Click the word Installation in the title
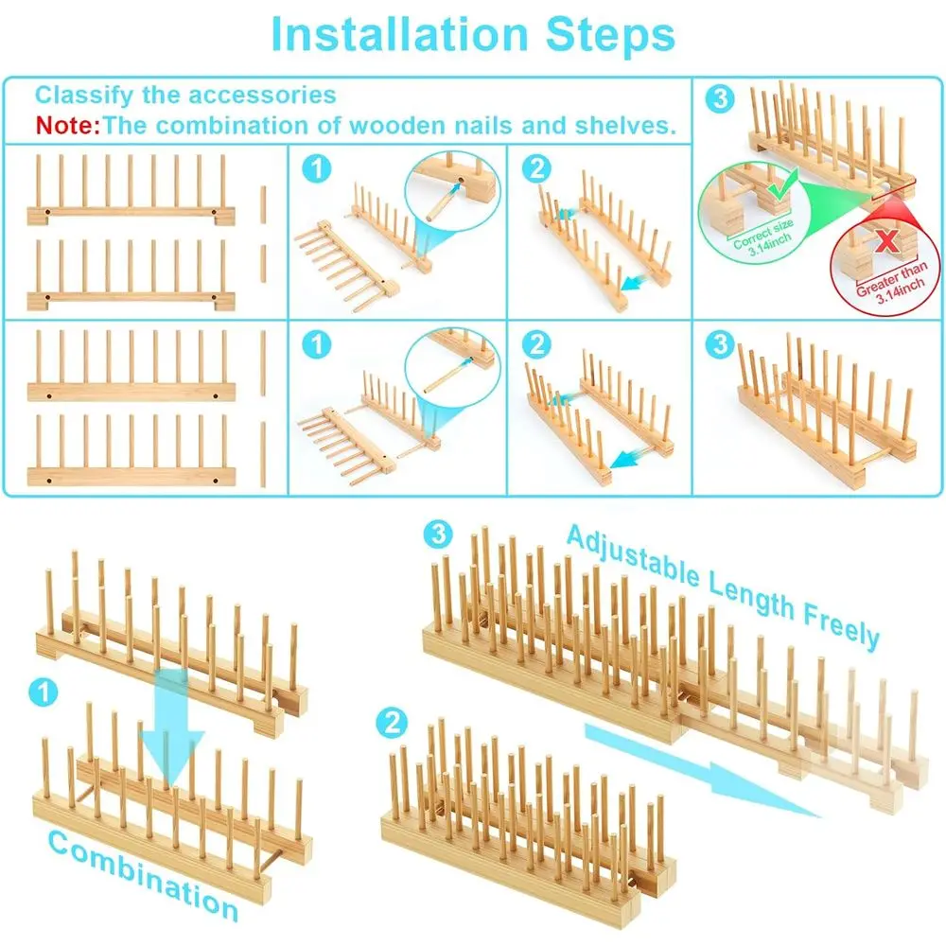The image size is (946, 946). click(400, 34)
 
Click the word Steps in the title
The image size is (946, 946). click(610, 34)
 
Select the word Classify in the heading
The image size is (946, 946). click(83, 96)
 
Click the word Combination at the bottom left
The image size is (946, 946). click(144, 875)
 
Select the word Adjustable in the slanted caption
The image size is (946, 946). click(634, 556)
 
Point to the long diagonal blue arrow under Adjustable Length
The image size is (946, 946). click(703, 770)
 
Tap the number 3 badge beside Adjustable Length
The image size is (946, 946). click(438, 534)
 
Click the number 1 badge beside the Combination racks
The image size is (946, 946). click(44, 692)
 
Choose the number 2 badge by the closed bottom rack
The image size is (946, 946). click(392, 722)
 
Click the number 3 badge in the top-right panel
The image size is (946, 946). click(720, 98)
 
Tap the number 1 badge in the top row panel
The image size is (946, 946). click(317, 168)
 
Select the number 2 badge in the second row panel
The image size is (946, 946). click(537, 344)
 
